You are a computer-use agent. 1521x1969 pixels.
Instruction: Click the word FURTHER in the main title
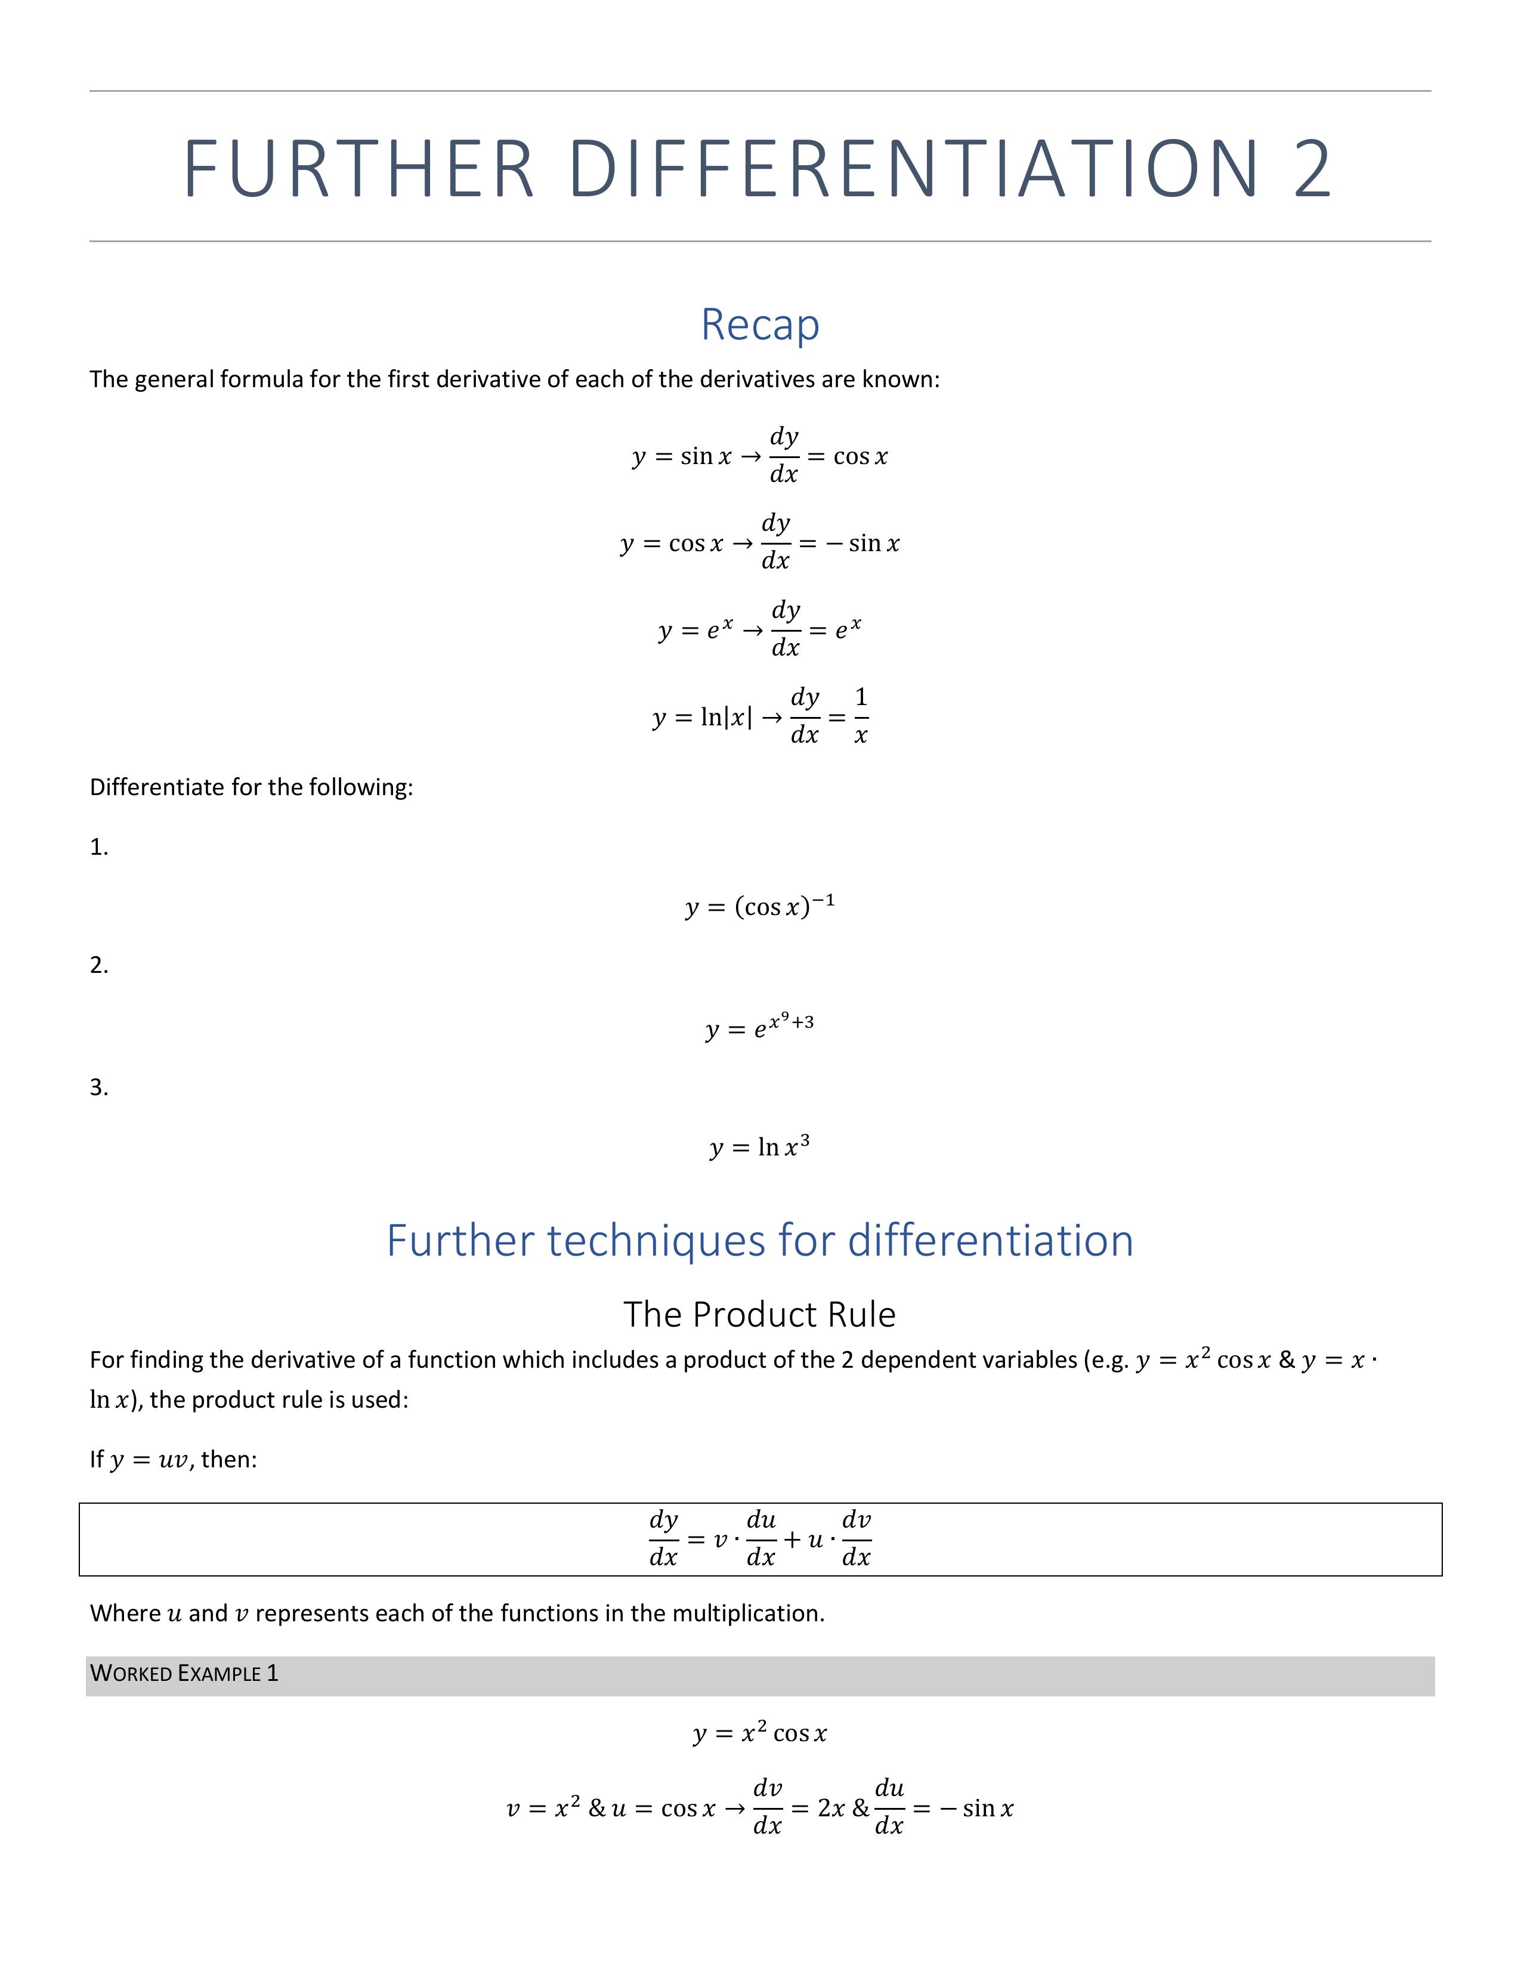359,169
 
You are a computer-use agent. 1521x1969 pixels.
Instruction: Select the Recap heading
760,324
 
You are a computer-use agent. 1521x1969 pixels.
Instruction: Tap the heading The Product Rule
759,1315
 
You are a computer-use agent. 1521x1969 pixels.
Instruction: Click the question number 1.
98,848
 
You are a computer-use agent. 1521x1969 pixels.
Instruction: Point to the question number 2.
98,966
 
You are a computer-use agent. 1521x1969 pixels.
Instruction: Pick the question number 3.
98,1087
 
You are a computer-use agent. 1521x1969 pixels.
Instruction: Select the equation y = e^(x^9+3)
759,1026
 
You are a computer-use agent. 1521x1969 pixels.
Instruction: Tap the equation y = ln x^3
759,1147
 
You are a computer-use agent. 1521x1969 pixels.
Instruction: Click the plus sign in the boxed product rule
792,1539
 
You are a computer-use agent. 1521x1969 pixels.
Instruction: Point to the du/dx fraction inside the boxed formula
761,1538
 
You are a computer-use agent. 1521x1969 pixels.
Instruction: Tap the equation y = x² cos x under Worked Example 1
759,1733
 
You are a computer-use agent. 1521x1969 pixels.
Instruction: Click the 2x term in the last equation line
830,1809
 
